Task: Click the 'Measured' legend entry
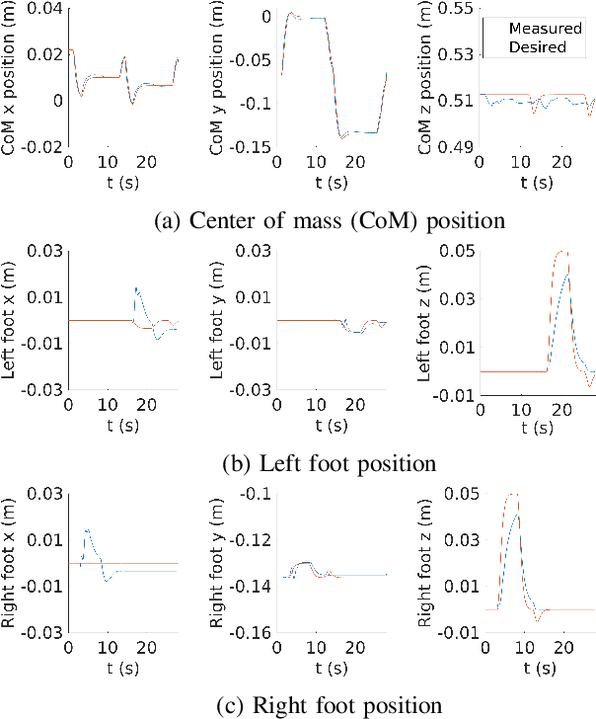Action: [539, 30]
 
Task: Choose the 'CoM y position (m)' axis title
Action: [216, 79]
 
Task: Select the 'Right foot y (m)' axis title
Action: [216, 563]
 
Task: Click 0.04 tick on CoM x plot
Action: [47, 9]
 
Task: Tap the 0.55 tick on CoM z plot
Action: [457, 9]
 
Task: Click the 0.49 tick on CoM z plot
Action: [457, 147]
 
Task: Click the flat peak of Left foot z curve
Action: [562, 252]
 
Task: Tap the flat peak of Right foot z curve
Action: [511, 494]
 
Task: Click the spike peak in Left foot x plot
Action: [136, 287]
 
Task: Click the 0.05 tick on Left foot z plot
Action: [457, 251]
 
